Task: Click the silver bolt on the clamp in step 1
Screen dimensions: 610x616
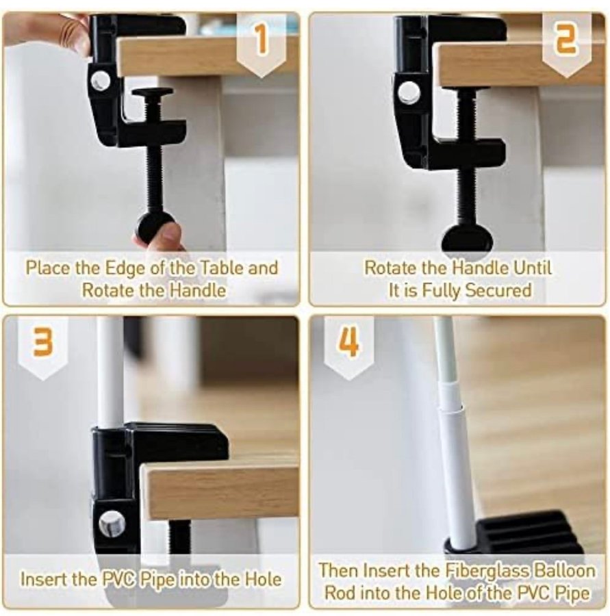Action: coord(101,81)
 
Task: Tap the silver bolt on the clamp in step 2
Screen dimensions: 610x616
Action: coord(409,92)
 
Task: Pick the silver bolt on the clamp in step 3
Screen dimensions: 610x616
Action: coord(112,524)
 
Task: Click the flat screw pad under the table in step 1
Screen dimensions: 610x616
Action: coord(152,92)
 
